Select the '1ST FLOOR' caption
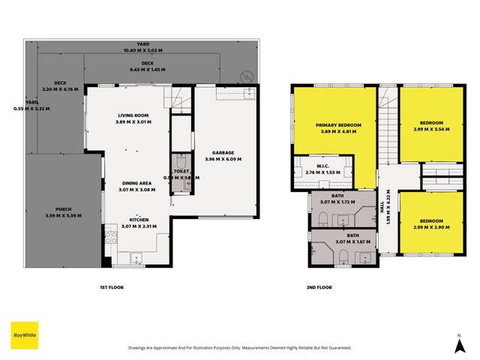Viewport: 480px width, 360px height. point(111,287)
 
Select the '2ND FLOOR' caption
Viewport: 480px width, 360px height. point(319,287)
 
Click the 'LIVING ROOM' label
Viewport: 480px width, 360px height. point(133,115)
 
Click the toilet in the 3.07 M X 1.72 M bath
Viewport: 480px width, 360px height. point(322,219)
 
